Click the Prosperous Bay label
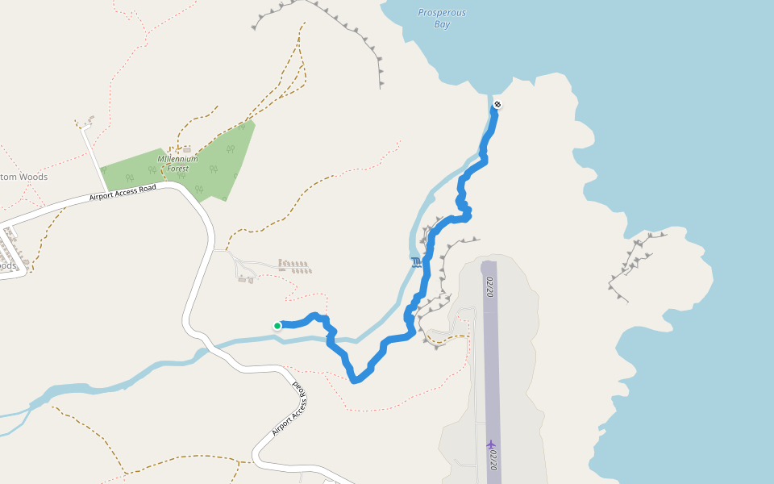(442, 19)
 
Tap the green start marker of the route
(277, 326)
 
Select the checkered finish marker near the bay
(497, 104)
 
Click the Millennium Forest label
(177, 164)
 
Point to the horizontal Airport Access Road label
(122, 193)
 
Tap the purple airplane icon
(490, 444)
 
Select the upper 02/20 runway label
(489, 286)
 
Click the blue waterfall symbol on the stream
(415, 262)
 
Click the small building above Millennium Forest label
(187, 149)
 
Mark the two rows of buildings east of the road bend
(293, 265)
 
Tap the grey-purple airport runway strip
(491, 363)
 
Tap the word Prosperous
(442, 13)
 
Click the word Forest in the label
(177, 169)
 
